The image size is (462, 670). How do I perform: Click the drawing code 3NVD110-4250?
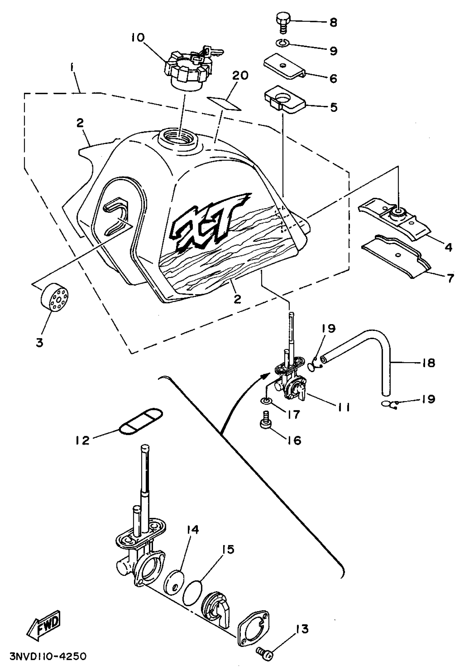[48, 656]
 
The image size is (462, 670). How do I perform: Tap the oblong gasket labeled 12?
[141, 421]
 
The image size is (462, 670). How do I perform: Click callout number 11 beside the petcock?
[343, 408]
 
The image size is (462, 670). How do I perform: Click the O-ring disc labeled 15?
[192, 592]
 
